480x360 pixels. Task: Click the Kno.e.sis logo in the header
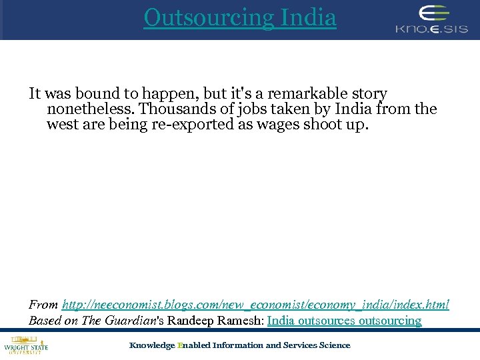[431, 19]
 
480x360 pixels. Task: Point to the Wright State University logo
[25, 346]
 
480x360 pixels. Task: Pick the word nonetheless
[89, 109]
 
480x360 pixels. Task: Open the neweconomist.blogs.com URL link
[255, 305]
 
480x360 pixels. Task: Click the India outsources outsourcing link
[344, 321]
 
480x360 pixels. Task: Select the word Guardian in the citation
[136, 321]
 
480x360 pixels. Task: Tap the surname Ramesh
[241, 321]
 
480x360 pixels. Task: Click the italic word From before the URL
[43, 305]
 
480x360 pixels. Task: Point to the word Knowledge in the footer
[151, 345]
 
